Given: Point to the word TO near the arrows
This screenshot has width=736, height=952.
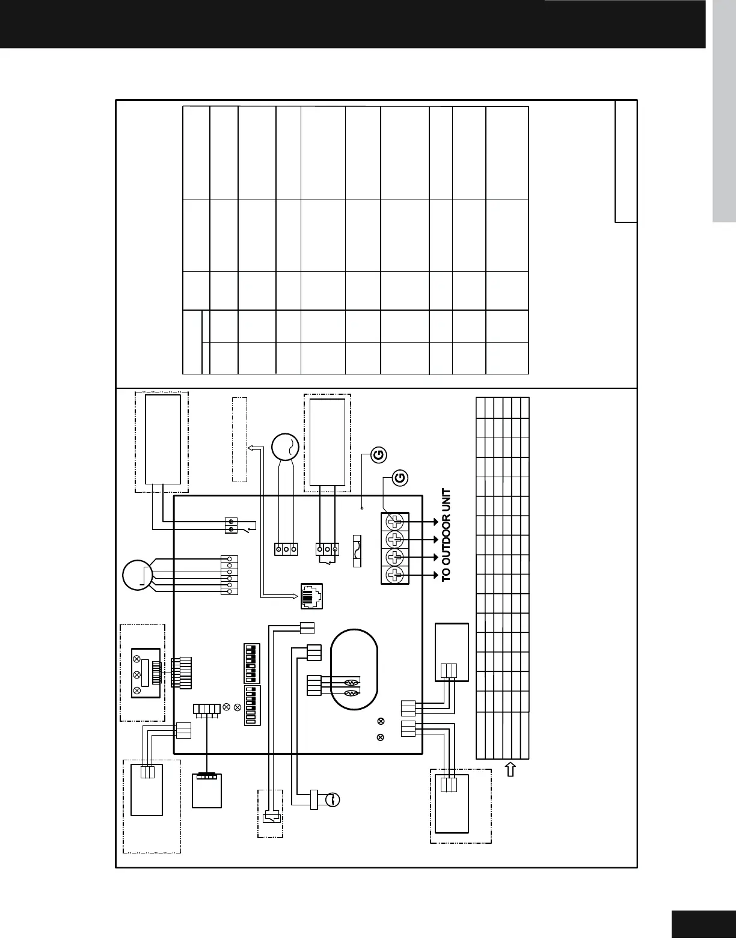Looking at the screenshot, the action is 446,575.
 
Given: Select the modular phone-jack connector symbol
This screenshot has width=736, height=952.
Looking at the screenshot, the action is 311,596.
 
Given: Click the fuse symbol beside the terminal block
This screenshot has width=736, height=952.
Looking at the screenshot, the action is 357,551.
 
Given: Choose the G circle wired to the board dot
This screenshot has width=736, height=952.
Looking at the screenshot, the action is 379,455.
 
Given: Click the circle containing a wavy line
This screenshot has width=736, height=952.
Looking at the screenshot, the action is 286,447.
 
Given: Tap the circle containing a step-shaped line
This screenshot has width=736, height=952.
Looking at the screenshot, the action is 137,575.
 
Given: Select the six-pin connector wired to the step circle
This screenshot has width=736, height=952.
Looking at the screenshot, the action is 229,575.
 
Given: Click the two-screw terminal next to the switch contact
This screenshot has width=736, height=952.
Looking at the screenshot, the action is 231,525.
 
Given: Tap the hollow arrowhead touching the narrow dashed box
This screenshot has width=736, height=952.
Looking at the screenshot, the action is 251,448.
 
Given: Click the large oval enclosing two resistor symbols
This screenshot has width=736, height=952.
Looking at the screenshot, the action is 354,670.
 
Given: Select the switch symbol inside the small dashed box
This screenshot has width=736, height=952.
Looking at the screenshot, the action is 271,817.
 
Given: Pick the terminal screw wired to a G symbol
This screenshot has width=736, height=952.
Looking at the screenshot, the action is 395,521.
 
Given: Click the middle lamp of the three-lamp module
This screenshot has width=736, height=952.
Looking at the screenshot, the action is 136,674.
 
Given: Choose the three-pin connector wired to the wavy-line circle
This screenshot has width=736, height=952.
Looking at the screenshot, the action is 286,549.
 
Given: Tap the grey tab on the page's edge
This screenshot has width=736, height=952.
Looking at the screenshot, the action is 724,111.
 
